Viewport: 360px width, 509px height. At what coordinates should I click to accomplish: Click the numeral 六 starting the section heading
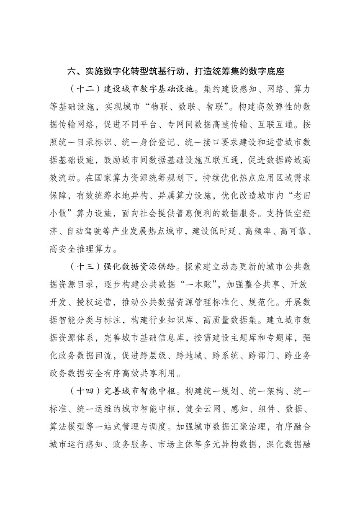[72, 71]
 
